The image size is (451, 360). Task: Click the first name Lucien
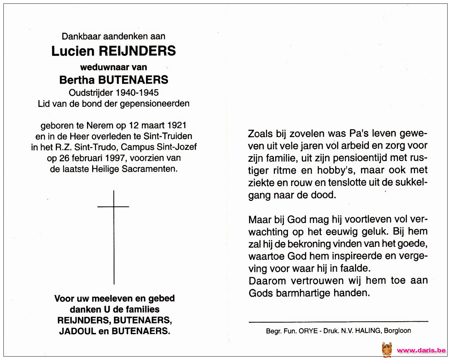pyautogui.click(x=73, y=51)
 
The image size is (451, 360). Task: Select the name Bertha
pyautogui.click(x=77, y=80)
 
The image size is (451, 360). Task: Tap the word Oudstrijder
pyautogui.click(x=91, y=93)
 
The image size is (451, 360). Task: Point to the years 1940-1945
pyautogui.click(x=137, y=93)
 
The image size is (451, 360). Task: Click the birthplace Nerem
pyautogui.click(x=99, y=125)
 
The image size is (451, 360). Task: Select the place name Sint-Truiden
pyautogui.click(x=168, y=136)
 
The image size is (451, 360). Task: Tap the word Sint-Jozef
pyautogui.click(x=177, y=147)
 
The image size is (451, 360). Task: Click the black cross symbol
pyautogui.click(x=114, y=237)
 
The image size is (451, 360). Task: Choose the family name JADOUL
pyautogui.click(x=77, y=331)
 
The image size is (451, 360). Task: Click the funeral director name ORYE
pyautogui.click(x=308, y=331)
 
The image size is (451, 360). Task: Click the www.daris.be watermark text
pyautogui.click(x=421, y=350)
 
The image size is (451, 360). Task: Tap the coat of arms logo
pyautogui.click(x=387, y=350)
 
